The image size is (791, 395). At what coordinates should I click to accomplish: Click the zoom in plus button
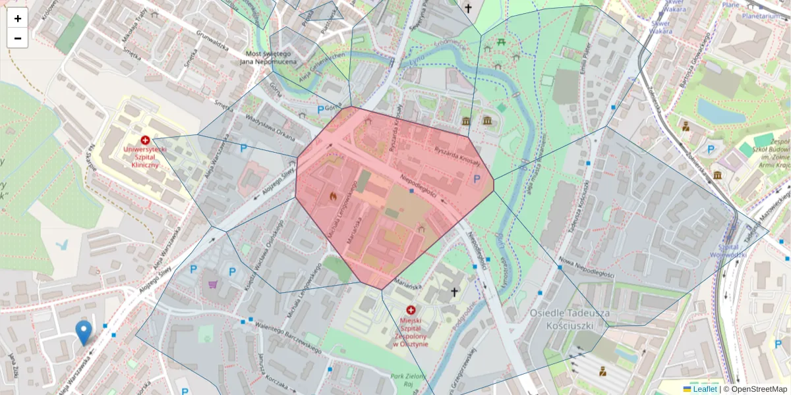point(18,18)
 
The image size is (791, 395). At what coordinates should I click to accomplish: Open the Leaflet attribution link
point(705,389)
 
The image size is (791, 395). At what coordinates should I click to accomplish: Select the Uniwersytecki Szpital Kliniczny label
point(144,157)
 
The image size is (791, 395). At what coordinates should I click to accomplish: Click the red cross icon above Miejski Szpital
point(411,310)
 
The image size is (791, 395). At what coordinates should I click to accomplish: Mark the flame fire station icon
point(332,196)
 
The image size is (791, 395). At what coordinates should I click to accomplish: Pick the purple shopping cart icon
point(213,284)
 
